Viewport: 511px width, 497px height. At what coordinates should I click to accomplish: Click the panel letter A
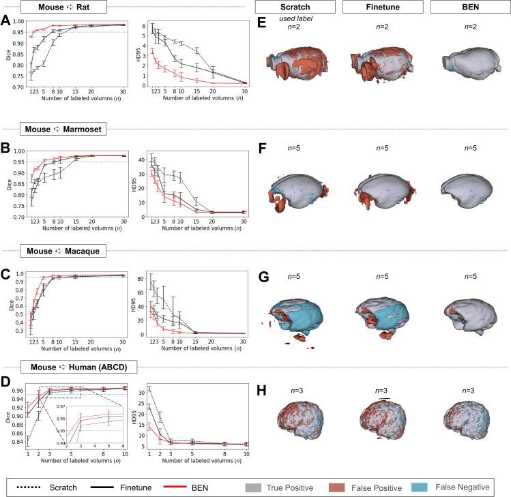(6, 20)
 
